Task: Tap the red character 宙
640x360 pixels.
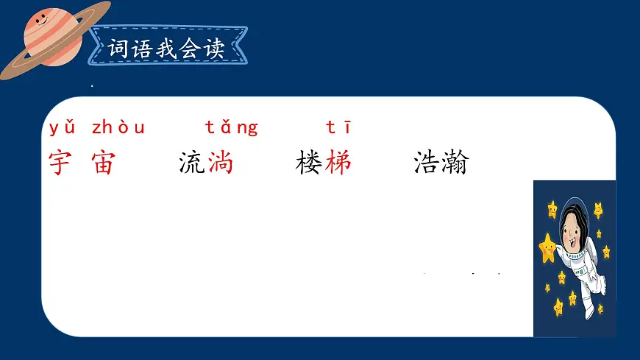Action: point(103,163)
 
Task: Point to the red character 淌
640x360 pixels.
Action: point(220,163)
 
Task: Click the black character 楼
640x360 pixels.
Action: point(309,163)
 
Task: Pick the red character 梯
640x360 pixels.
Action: point(338,163)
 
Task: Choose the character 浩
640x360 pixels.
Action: point(427,163)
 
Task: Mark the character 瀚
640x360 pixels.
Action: point(455,163)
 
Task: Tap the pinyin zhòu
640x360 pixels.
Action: point(118,128)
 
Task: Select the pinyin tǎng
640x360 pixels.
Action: point(232,128)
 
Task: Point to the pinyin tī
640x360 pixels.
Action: point(338,128)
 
